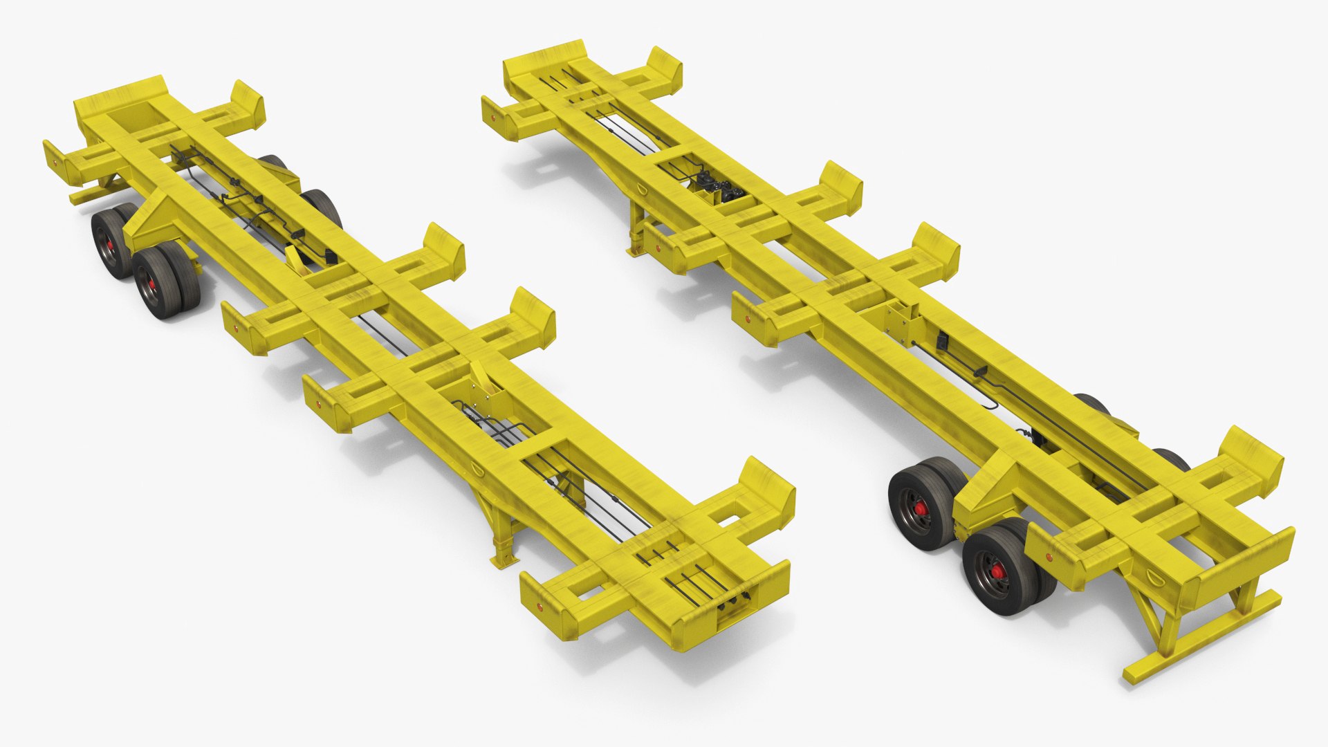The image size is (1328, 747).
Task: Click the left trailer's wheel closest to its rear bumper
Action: point(109,241)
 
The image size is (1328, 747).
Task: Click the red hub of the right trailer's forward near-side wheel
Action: point(921,510)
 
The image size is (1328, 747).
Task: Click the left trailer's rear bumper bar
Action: point(91,193)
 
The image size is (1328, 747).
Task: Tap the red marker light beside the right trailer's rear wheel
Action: point(1049,556)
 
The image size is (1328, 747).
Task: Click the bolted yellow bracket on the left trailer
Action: point(484,385)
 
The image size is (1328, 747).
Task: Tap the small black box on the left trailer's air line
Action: point(331,257)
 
